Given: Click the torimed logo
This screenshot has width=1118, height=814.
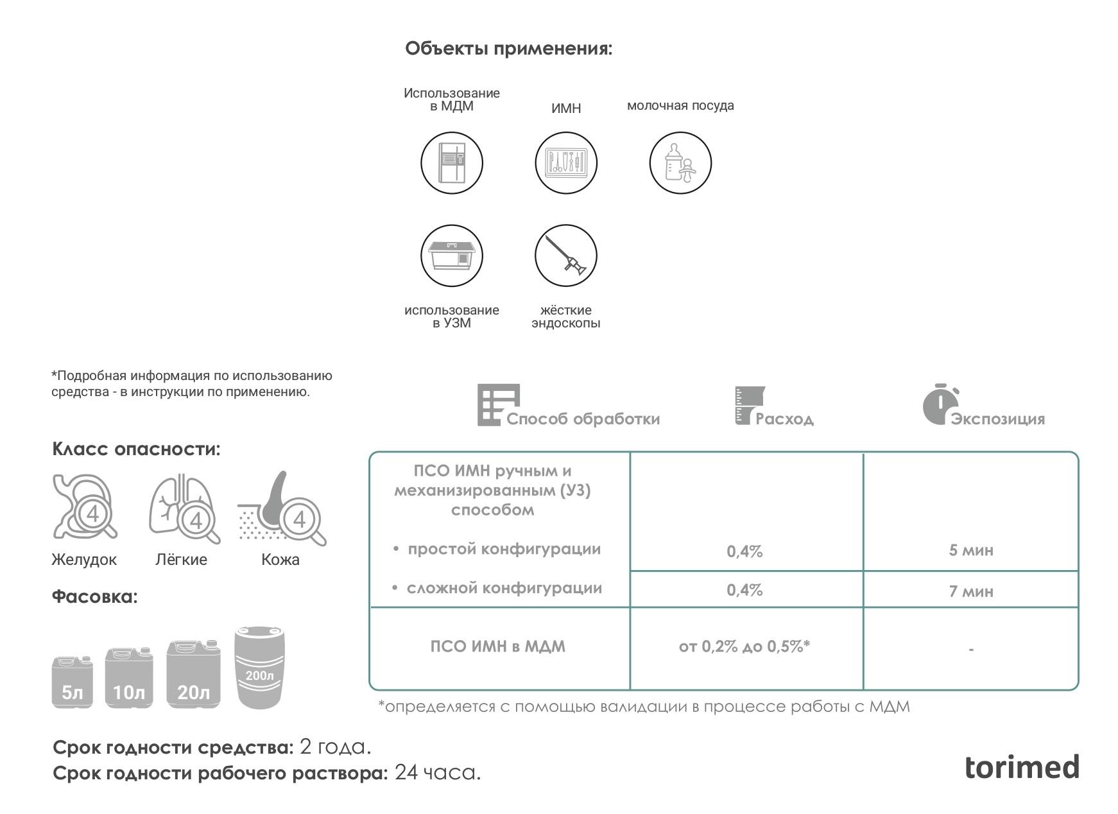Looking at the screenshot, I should pyautogui.click(x=1022, y=767).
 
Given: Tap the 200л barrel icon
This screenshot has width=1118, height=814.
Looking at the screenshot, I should pyautogui.click(x=259, y=668).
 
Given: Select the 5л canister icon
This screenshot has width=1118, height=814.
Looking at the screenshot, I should pyautogui.click(x=72, y=682).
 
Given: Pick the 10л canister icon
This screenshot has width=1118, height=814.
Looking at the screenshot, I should pyautogui.click(x=129, y=678).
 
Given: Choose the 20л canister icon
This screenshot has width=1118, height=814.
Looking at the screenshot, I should pyautogui.click(x=193, y=674).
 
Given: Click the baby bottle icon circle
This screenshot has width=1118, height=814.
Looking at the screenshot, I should pyautogui.click(x=680, y=163).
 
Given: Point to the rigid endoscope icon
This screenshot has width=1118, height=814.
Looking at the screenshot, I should pyautogui.click(x=565, y=255).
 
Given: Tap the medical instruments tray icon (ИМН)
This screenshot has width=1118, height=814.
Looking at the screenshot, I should pyautogui.click(x=565, y=163).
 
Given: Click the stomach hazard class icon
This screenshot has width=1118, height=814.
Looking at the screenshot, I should pyautogui.click(x=85, y=507).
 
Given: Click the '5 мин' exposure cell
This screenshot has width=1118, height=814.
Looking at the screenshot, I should pyautogui.click(x=970, y=550).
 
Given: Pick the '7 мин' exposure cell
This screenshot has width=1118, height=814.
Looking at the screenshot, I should pyautogui.click(x=970, y=591).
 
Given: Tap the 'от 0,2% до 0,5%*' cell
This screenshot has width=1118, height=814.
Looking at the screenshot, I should pyautogui.click(x=744, y=646).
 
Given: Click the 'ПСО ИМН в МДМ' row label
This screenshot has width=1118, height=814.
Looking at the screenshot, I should pyautogui.click(x=498, y=646).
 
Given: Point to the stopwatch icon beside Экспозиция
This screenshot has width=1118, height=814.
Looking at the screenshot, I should pyautogui.click(x=940, y=404).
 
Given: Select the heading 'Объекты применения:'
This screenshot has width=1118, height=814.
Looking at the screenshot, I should pyautogui.click(x=508, y=49).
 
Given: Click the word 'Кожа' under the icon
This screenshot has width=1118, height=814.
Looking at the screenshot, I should pyautogui.click(x=280, y=560).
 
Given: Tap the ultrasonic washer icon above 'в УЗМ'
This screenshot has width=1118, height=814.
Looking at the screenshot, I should pyautogui.click(x=452, y=255).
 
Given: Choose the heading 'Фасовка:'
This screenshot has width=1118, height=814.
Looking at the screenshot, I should pyautogui.click(x=95, y=597).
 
